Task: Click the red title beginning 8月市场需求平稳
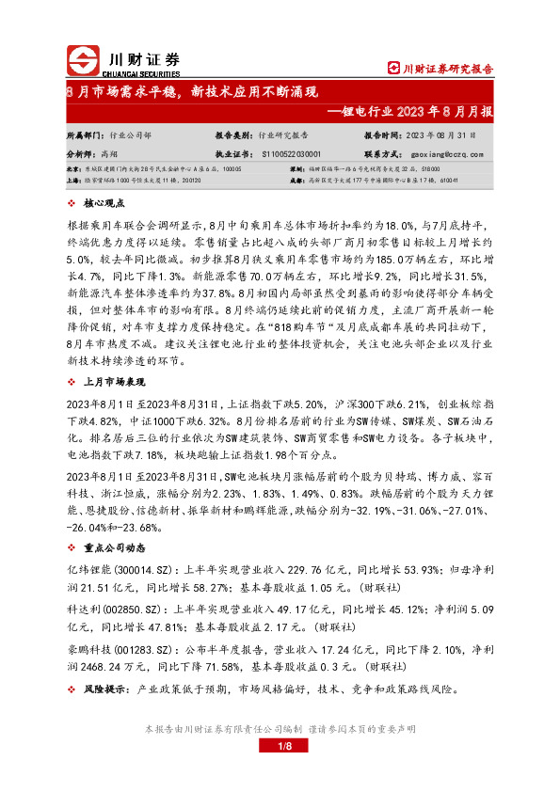[x=193, y=92]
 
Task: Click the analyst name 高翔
[x=108, y=152]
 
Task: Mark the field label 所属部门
[x=85, y=135]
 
